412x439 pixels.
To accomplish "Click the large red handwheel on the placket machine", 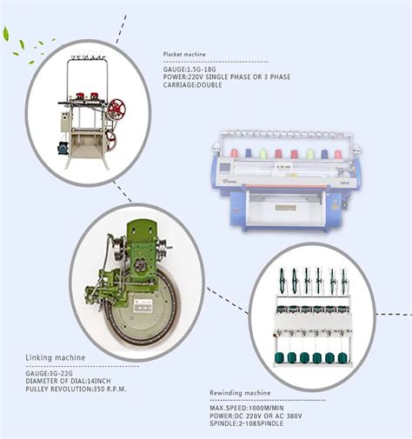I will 116,109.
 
